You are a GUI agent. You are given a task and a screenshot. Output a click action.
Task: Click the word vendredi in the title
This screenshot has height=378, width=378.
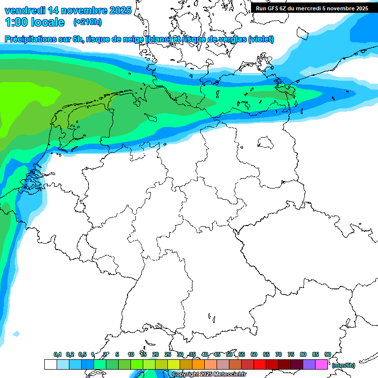25,10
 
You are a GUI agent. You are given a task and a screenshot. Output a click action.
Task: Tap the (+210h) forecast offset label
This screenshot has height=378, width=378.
88,22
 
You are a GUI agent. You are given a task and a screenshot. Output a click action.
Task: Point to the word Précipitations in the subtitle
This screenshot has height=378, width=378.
30,39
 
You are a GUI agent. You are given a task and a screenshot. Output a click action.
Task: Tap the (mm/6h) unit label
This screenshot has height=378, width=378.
343,365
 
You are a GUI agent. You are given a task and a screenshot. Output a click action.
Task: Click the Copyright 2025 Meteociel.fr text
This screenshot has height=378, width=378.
209,375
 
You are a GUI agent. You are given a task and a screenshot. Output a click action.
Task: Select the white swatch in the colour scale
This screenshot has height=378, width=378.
50,364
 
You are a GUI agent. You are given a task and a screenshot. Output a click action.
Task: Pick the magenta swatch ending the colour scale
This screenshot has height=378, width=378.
321,364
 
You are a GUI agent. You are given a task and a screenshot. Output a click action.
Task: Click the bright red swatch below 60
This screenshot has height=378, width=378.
260,364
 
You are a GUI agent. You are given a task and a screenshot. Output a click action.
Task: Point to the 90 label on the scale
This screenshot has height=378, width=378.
327,354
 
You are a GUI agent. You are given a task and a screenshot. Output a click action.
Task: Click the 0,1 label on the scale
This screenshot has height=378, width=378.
57,354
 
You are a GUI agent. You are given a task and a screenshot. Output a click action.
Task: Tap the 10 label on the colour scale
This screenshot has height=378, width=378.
130,354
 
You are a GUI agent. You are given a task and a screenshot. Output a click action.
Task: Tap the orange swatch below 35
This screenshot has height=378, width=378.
198,364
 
